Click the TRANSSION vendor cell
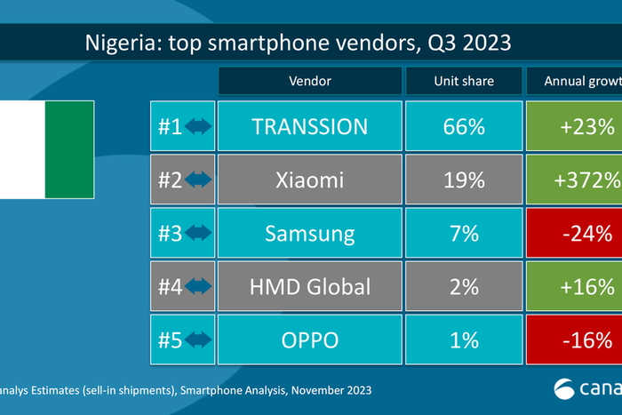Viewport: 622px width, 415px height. point(309,126)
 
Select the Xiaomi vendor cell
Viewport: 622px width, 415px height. point(309,180)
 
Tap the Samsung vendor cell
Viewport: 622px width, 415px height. point(309,234)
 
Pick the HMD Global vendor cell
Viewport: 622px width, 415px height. point(309,287)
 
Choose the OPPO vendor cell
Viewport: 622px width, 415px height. point(309,340)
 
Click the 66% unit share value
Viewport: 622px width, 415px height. point(463,126)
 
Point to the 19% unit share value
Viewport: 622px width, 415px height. point(463,180)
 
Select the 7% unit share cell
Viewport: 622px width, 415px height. point(463,234)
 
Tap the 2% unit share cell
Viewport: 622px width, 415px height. point(463,287)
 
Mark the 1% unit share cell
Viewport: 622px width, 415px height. point(463,340)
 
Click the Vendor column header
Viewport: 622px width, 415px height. point(309,81)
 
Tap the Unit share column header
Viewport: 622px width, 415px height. point(463,81)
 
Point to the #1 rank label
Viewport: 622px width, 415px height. point(169,126)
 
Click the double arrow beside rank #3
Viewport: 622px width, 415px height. point(199,234)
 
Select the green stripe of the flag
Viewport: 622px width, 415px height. point(69,150)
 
